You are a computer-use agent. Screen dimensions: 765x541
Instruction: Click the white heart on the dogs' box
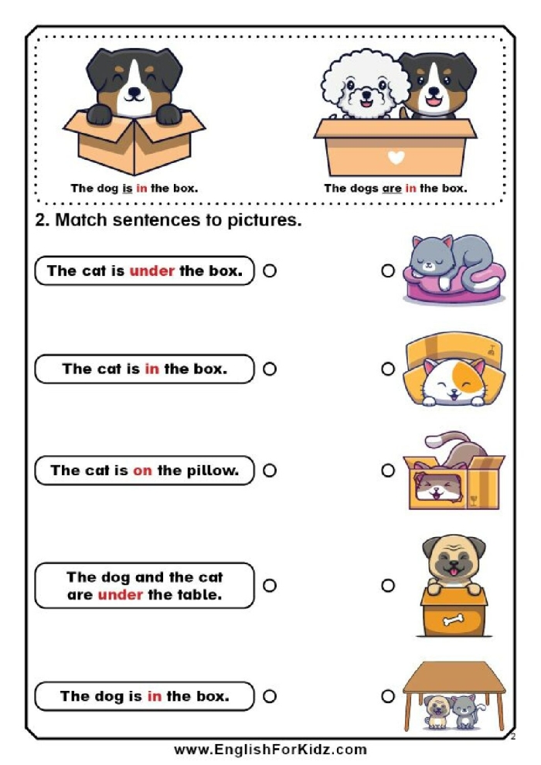click(x=396, y=158)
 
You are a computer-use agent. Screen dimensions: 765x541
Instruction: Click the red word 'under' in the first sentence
click(x=151, y=271)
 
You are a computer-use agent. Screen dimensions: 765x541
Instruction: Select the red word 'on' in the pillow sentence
click(x=142, y=470)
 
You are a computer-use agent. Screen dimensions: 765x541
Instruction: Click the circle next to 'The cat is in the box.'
click(x=270, y=369)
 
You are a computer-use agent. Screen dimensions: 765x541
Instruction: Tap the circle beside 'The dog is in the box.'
click(x=270, y=696)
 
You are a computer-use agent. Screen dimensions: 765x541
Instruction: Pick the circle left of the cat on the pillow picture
click(x=388, y=271)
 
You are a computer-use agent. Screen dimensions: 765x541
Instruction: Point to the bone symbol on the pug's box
click(x=453, y=620)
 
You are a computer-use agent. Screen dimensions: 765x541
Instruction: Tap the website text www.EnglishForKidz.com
click(x=270, y=750)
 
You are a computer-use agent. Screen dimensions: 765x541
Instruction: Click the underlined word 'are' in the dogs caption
click(x=392, y=188)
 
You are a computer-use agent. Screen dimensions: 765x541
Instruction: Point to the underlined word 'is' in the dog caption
click(x=126, y=188)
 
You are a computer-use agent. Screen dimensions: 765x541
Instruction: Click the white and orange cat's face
click(x=453, y=381)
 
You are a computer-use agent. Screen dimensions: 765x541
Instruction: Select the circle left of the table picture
click(x=388, y=696)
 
